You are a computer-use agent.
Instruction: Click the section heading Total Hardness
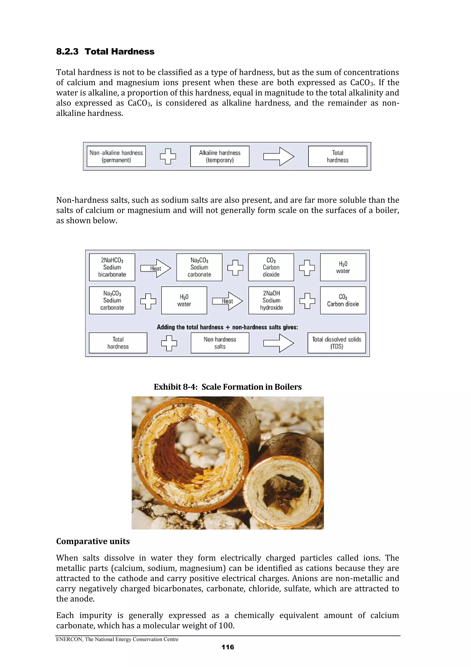point(119,52)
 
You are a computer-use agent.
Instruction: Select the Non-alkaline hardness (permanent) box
point(116,156)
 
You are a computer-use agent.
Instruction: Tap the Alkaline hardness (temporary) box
point(220,156)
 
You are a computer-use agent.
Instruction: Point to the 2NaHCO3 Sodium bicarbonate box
point(112,267)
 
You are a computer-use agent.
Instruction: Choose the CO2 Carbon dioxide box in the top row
point(271,267)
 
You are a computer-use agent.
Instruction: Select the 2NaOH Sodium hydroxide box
point(271,300)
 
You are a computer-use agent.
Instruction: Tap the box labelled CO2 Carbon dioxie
point(343,300)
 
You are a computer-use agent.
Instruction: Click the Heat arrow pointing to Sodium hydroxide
point(227,301)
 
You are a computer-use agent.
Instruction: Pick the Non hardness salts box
point(220,343)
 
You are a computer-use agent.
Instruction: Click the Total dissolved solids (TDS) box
point(337,343)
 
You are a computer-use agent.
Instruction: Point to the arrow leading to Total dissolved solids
point(279,343)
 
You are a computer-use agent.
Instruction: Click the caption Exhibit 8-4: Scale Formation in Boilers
point(227,387)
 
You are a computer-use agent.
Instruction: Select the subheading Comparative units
point(93,541)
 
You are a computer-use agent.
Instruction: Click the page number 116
point(227,647)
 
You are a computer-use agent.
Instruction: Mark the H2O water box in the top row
point(343,267)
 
